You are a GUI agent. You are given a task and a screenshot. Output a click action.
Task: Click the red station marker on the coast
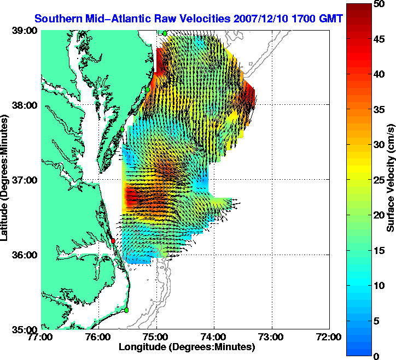click(113, 240)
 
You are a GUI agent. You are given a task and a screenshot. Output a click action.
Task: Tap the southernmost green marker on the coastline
click(126, 310)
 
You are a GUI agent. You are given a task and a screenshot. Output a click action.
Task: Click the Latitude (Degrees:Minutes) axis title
click(6, 180)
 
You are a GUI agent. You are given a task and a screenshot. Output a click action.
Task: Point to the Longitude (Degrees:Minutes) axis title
click(187, 347)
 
